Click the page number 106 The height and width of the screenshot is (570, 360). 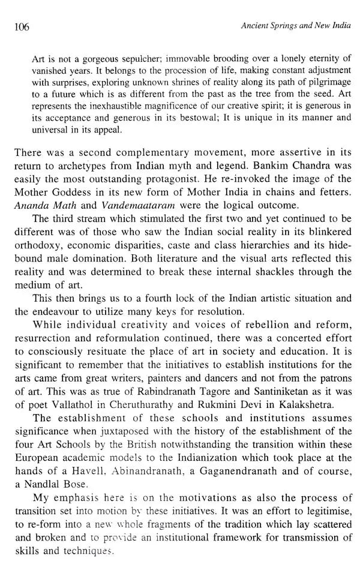click(20, 28)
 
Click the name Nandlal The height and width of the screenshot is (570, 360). click(53, 490)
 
